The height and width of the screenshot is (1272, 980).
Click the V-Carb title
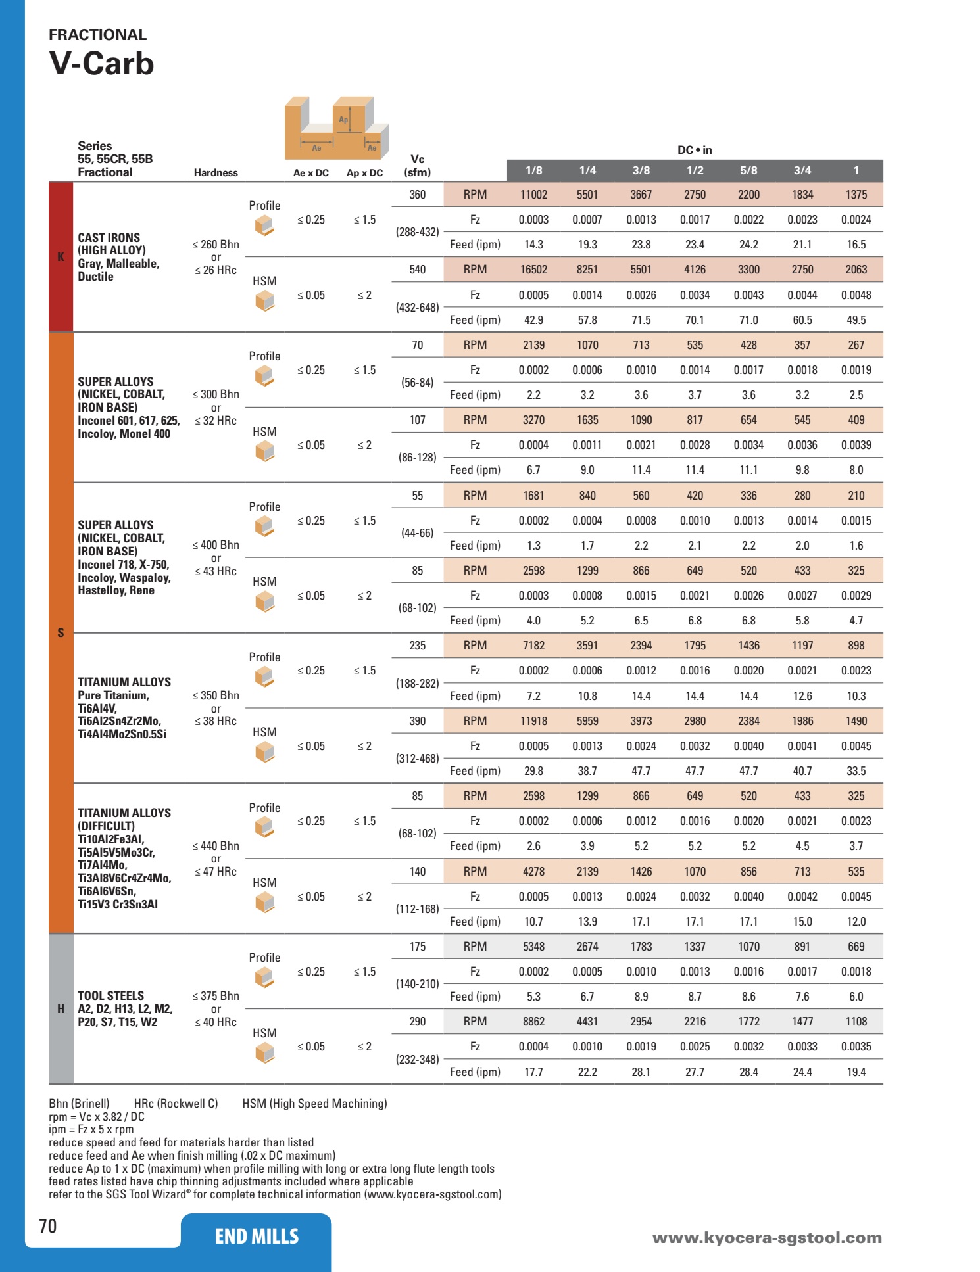coord(101,64)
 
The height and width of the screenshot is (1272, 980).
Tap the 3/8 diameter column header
coord(641,170)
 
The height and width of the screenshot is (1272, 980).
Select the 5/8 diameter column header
coord(748,170)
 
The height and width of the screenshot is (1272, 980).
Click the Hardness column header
coord(216,173)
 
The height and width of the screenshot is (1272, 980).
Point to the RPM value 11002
coord(533,195)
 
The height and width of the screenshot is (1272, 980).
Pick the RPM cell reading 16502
coord(533,270)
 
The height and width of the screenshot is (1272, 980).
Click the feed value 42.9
coord(533,320)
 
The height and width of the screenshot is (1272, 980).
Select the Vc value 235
coord(417,646)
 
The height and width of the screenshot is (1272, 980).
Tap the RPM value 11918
coord(533,721)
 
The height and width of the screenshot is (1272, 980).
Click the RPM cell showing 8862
coord(533,1022)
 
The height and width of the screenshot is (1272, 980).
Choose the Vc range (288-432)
coord(417,232)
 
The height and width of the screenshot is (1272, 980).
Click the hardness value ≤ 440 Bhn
coord(216,846)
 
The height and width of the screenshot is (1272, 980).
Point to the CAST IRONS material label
coord(109,238)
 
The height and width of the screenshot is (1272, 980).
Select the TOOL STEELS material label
coord(110,996)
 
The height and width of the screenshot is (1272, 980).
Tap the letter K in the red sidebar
coord(61,257)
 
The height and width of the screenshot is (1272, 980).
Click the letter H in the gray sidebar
coord(61,1009)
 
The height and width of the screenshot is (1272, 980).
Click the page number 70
coord(48,1226)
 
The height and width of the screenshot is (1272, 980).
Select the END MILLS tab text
coord(257,1237)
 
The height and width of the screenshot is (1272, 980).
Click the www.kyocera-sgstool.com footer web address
coord(767,1238)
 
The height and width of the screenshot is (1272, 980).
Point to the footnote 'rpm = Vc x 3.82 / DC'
coord(97,1117)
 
